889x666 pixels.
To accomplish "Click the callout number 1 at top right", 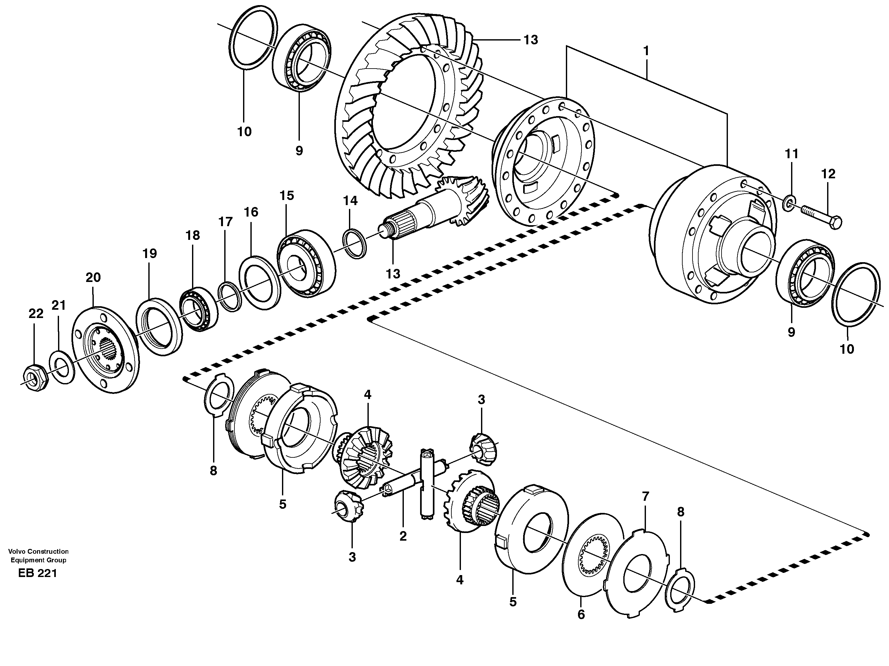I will (x=646, y=51).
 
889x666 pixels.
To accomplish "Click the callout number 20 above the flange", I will (x=93, y=277).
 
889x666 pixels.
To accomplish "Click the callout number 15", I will (x=287, y=196).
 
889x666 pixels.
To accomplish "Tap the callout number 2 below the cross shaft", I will (x=403, y=536).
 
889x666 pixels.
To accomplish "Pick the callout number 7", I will (x=645, y=496).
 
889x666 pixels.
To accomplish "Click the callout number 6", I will (x=581, y=615).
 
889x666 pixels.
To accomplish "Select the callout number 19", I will (x=150, y=254).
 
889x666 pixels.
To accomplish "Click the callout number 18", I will (x=193, y=235).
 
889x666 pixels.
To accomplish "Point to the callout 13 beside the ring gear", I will (x=530, y=40).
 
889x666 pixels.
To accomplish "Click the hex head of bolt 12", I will (x=836, y=223).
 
